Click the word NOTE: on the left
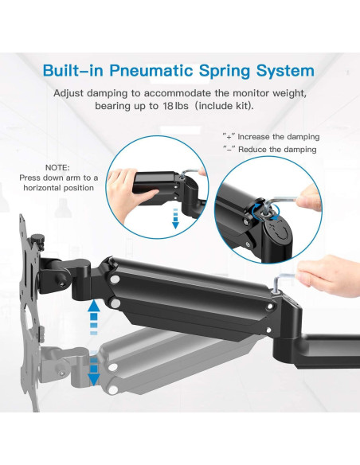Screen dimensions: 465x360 tap(57, 168)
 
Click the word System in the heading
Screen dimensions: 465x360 tap(286, 70)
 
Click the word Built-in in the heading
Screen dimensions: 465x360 tap(78, 70)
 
